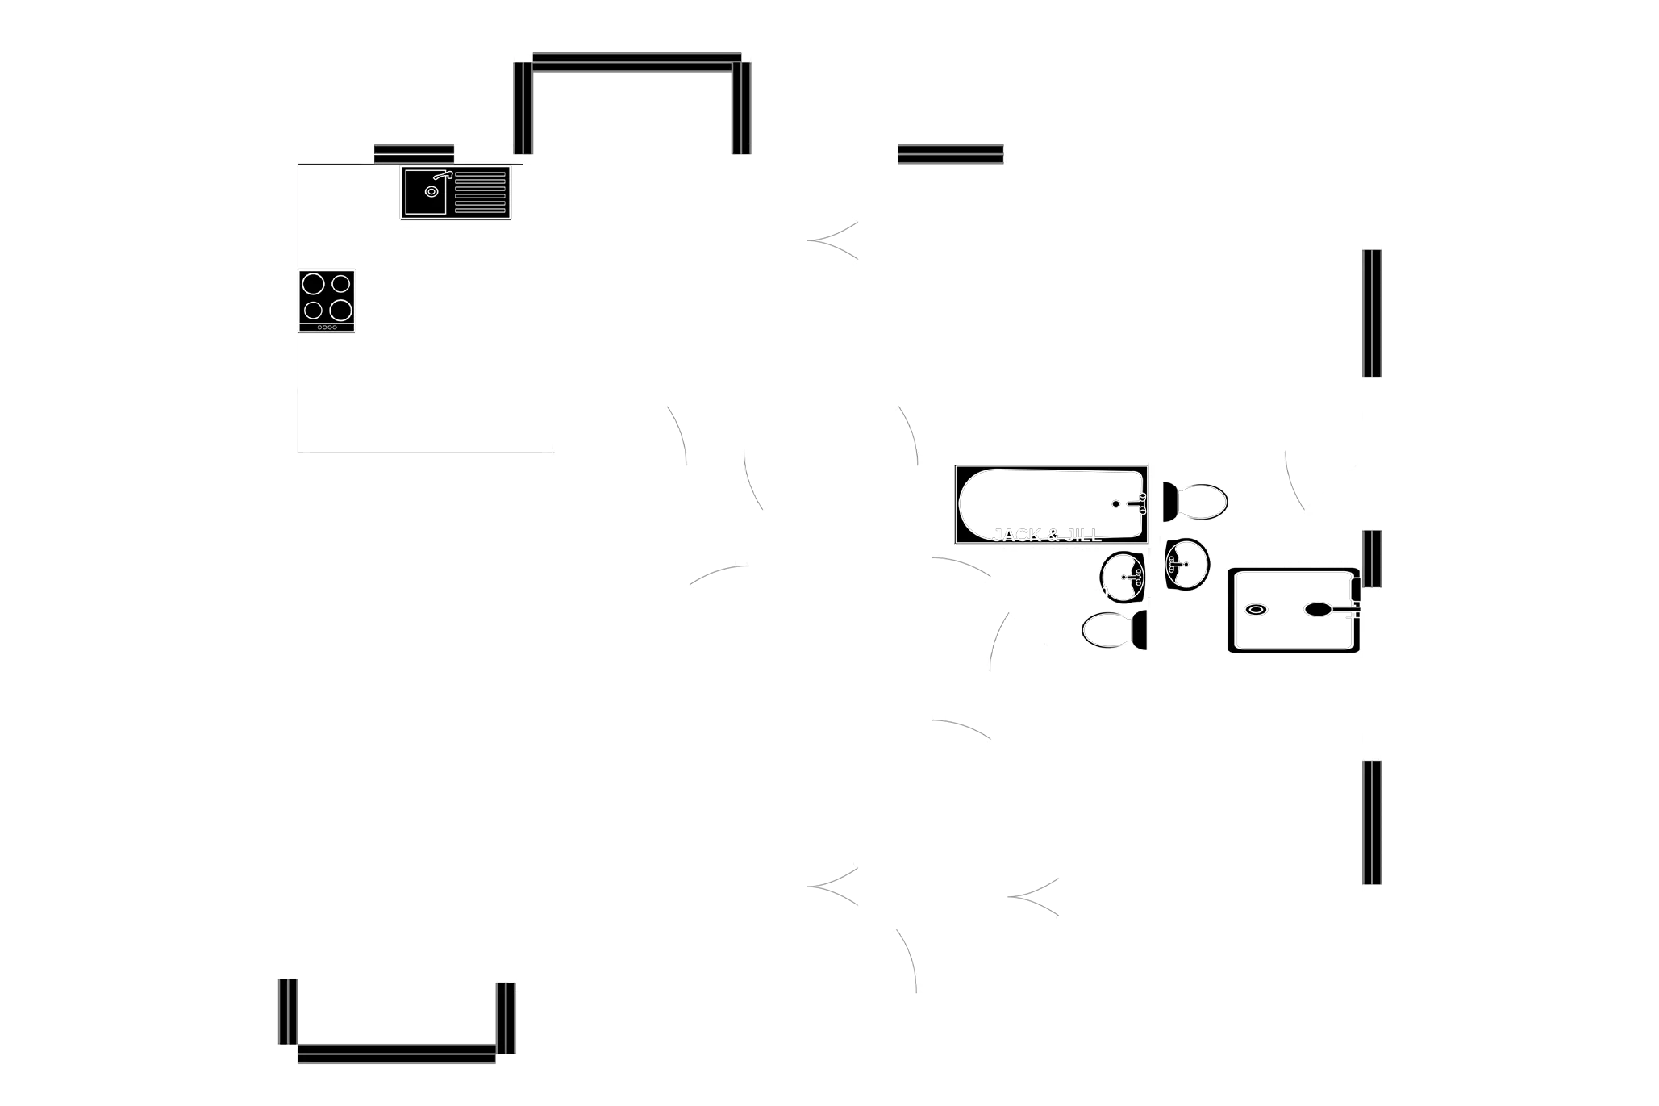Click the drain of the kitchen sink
click(x=431, y=192)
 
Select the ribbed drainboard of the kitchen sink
click(x=481, y=192)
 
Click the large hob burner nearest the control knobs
click(x=341, y=309)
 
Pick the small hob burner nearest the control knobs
click(x=313, y=310)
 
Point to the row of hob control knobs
click(x=327, y=327)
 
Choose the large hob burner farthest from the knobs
click(x=313, y=283)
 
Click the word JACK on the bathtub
click(x=1017, y=535)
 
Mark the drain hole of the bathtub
click(x=1115, y=503)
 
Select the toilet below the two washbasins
click(x=1110, y=630)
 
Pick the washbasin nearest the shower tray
click(x=1186, y=564)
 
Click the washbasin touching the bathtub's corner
click(x=1123, y=576)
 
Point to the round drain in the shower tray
click(x=1256, y=610)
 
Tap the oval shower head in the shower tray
click(x=1318, y=610)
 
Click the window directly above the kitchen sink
click(x=414, y=152)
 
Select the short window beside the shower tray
click(x=1373, y=558)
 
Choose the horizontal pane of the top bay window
click(x=636, y=64)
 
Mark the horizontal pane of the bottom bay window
click(x=396, y=1052)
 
